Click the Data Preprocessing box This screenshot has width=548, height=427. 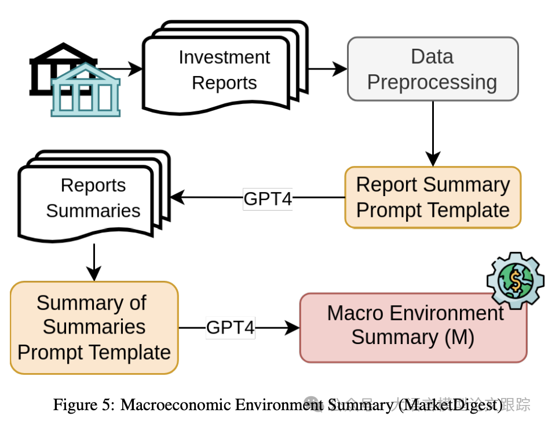(432, 69)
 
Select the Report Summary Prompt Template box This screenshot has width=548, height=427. (433, 197)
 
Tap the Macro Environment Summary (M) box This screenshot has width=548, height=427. (413, 327)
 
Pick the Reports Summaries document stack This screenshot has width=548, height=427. (93, 197)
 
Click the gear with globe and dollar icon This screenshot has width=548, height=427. (515, 280)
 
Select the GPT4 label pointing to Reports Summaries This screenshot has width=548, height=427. (268, 198)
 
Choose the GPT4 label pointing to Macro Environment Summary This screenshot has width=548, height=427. (231, 328)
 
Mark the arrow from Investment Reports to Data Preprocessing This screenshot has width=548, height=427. (327, 69)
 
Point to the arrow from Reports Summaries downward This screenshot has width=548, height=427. (93, 262)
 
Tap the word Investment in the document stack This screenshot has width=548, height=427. (224, 57)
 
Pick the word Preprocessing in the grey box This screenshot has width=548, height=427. (432, 82)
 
